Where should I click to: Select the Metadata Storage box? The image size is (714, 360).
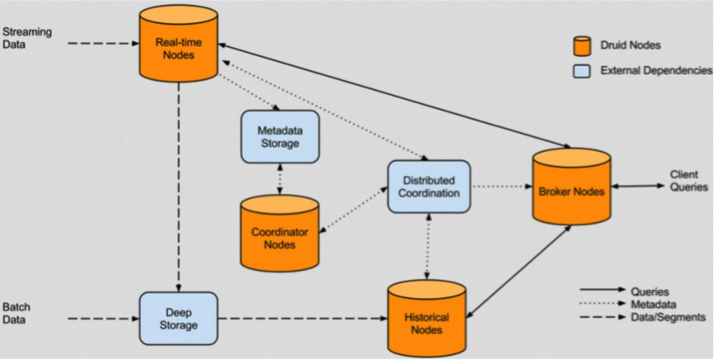pos(279,136)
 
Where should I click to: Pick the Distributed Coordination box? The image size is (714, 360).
pos(428,187)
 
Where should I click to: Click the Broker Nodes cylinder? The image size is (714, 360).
pos(571,190)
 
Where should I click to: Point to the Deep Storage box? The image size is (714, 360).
pos(177,318)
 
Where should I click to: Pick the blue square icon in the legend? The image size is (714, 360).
pos(582,71)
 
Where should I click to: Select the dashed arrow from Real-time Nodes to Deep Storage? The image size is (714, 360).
pos(178,182)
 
